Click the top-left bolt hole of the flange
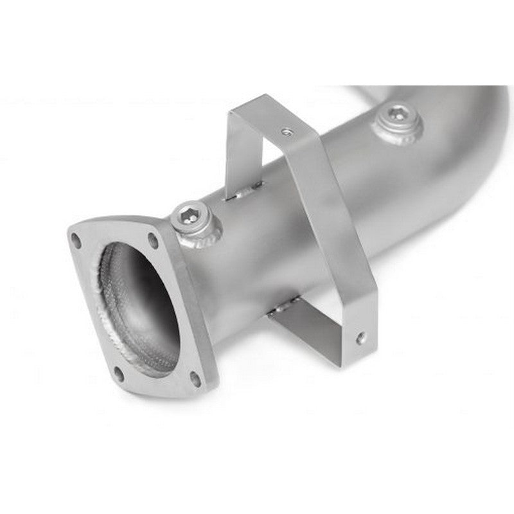[76, 242]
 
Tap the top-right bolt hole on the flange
[153, 240]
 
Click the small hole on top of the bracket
[285, 132]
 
